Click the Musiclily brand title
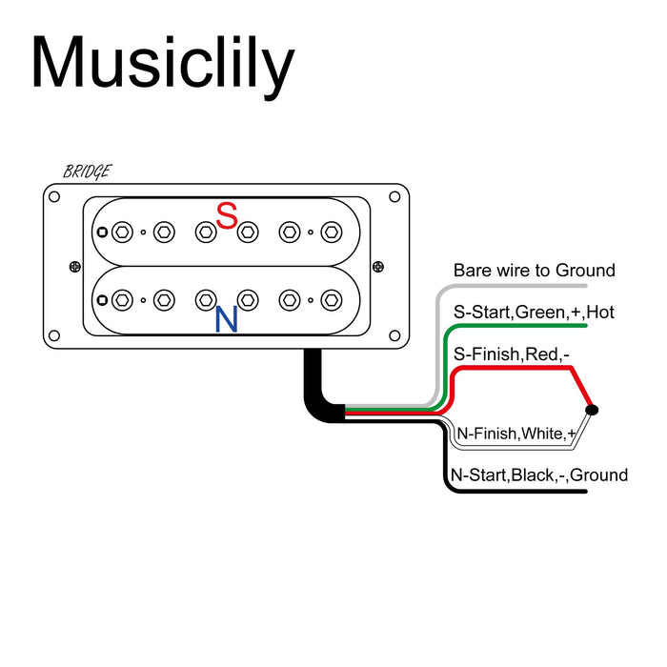pos(162,65)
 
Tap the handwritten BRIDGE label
pos(87,172)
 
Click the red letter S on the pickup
pos(227,216)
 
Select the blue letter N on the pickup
pos(227,319)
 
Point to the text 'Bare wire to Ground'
pos(534,271)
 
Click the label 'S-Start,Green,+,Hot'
pos(534,312)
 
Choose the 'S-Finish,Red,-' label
pos(512,354)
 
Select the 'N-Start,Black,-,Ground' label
pos(538,475)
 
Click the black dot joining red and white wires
pos(592,410)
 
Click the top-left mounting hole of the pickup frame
pos(54,196)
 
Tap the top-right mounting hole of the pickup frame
pos(394,196)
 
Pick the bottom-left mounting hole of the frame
pos(54,335)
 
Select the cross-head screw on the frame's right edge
pos(378,267)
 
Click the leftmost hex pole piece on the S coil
pos(122,232)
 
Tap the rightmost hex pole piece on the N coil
pos(331,300)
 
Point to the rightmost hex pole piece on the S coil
pos(331,232)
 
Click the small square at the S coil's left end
pos(101,232)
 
